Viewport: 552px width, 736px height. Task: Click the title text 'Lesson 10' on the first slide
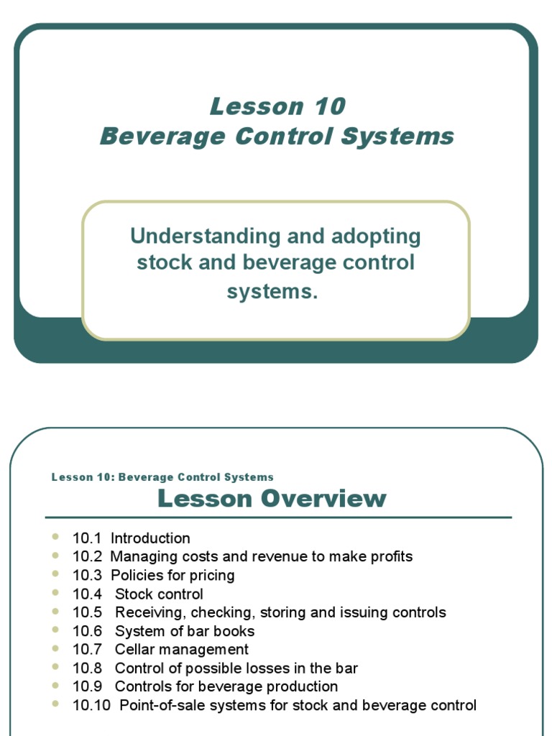277,106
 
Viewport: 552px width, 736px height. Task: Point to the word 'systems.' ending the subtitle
272,291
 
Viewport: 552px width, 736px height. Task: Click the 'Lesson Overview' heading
272,498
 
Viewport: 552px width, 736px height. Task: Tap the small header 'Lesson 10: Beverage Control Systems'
162,477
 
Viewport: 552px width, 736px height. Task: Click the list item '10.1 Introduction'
132,538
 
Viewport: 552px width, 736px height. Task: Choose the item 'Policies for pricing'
172,576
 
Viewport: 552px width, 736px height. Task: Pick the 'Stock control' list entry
159,594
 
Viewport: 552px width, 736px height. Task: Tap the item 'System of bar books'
185,631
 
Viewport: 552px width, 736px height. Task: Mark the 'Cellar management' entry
182,650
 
